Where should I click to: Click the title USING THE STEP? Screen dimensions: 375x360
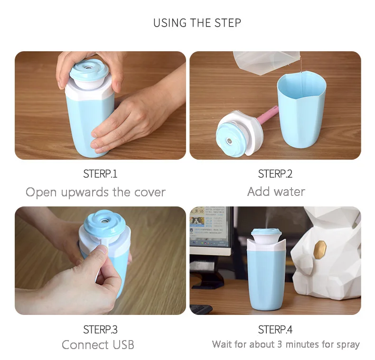pos(197,23)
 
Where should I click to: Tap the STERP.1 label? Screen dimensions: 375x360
pos(100,174)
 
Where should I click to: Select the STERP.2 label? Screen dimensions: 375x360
pos(275,174)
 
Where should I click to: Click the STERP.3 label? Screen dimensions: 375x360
pos(100,329)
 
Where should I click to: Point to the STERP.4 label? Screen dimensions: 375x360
pos(275,329)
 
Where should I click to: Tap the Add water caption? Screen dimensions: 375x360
pos(276,192)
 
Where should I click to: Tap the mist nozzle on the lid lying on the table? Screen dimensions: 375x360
pos(229,141)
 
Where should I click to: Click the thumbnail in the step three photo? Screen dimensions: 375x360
pos(103,249)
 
